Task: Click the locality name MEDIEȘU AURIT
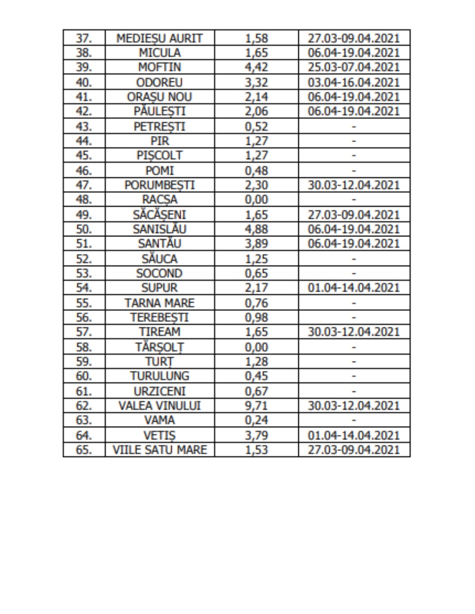pyautogui.click(x=159, y=38)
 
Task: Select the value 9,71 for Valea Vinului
pyautogui.click(x=256, y=406)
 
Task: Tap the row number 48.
pyautogui.click(x=84, y=199)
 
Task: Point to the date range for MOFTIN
pyautogui.click(x=354, y=67)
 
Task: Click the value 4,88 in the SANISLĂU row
pyautogui.click(x=256, y=229)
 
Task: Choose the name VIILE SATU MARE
pyautogui.click(x=159, y=450)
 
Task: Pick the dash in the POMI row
pyautogui.click(x=354, y=171)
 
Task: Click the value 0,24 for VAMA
pyautogui.click(x=256, y=420)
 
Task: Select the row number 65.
pyautogui.click(x=84, y=450)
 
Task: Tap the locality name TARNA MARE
pyautogui.click(x=159, y=303)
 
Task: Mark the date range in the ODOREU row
pyautogui.click(x=354, y=82)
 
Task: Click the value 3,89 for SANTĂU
pyautogui.click(x=256, y=243)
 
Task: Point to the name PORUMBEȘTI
pyautogui.click(x=159, y=185)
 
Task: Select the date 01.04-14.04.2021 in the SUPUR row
pyautogui.click(x=354, y=288)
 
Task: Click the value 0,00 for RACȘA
pyautogui.click(x=256, y=199)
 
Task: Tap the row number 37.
pyautogui.click(x=84, y=38)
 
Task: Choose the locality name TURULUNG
pyautogui.click(x=159, y=376)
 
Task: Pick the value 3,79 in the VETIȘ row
pyautogui.click(x=256, y=435)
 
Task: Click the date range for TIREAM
pyautogui.click(x=354, y=332)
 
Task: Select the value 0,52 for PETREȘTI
pyautogui.click(x=256, y=127)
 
